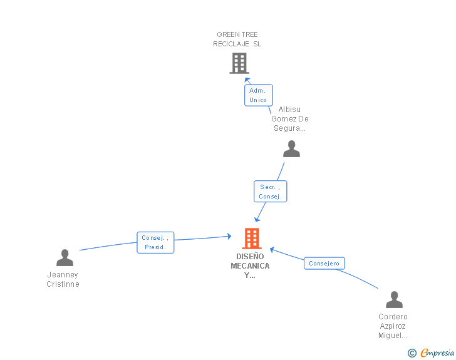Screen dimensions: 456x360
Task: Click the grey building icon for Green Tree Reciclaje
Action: tap(239, 63)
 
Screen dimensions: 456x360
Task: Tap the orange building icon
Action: tap(252, 239)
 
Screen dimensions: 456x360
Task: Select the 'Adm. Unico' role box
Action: tap(258, 95)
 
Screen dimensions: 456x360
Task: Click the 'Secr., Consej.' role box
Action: tap(270, 192)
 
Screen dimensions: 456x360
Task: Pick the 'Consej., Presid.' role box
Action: tap(155, 242)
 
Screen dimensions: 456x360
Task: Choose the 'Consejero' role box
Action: tap(324, 263)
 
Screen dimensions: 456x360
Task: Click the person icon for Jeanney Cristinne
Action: tap(65, 258)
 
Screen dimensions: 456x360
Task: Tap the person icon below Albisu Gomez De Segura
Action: tap(291, 148)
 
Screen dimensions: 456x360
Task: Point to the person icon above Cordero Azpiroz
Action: tap(394, 299)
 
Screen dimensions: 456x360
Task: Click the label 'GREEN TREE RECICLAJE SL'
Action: tap(237, 39)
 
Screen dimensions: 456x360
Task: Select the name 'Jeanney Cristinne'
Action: tap(63, 279)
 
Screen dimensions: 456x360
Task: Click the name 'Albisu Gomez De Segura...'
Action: tap(289, 118)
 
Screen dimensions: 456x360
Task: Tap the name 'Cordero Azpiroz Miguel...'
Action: tap(393, 326)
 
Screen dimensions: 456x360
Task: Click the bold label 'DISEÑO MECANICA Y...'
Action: tap(250, 266)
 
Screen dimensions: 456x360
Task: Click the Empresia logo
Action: tap(437, 352)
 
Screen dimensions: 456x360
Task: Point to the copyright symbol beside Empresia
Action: tap(412, 353)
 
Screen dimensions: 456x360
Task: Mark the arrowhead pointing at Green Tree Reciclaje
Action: tap(247, 80)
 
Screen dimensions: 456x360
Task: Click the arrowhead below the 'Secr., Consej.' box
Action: tap(257, 219)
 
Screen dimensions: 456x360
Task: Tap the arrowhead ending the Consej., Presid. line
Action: tap(229, 236)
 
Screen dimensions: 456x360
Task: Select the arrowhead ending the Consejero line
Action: tap(272, 250)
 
